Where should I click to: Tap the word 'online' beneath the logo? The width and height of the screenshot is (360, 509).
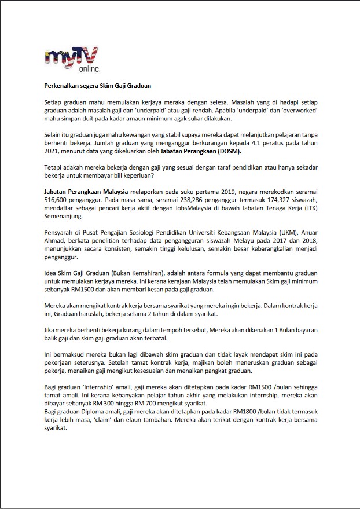(x=89, y=69)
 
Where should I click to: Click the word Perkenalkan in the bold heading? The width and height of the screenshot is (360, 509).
(x=63, y=86)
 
